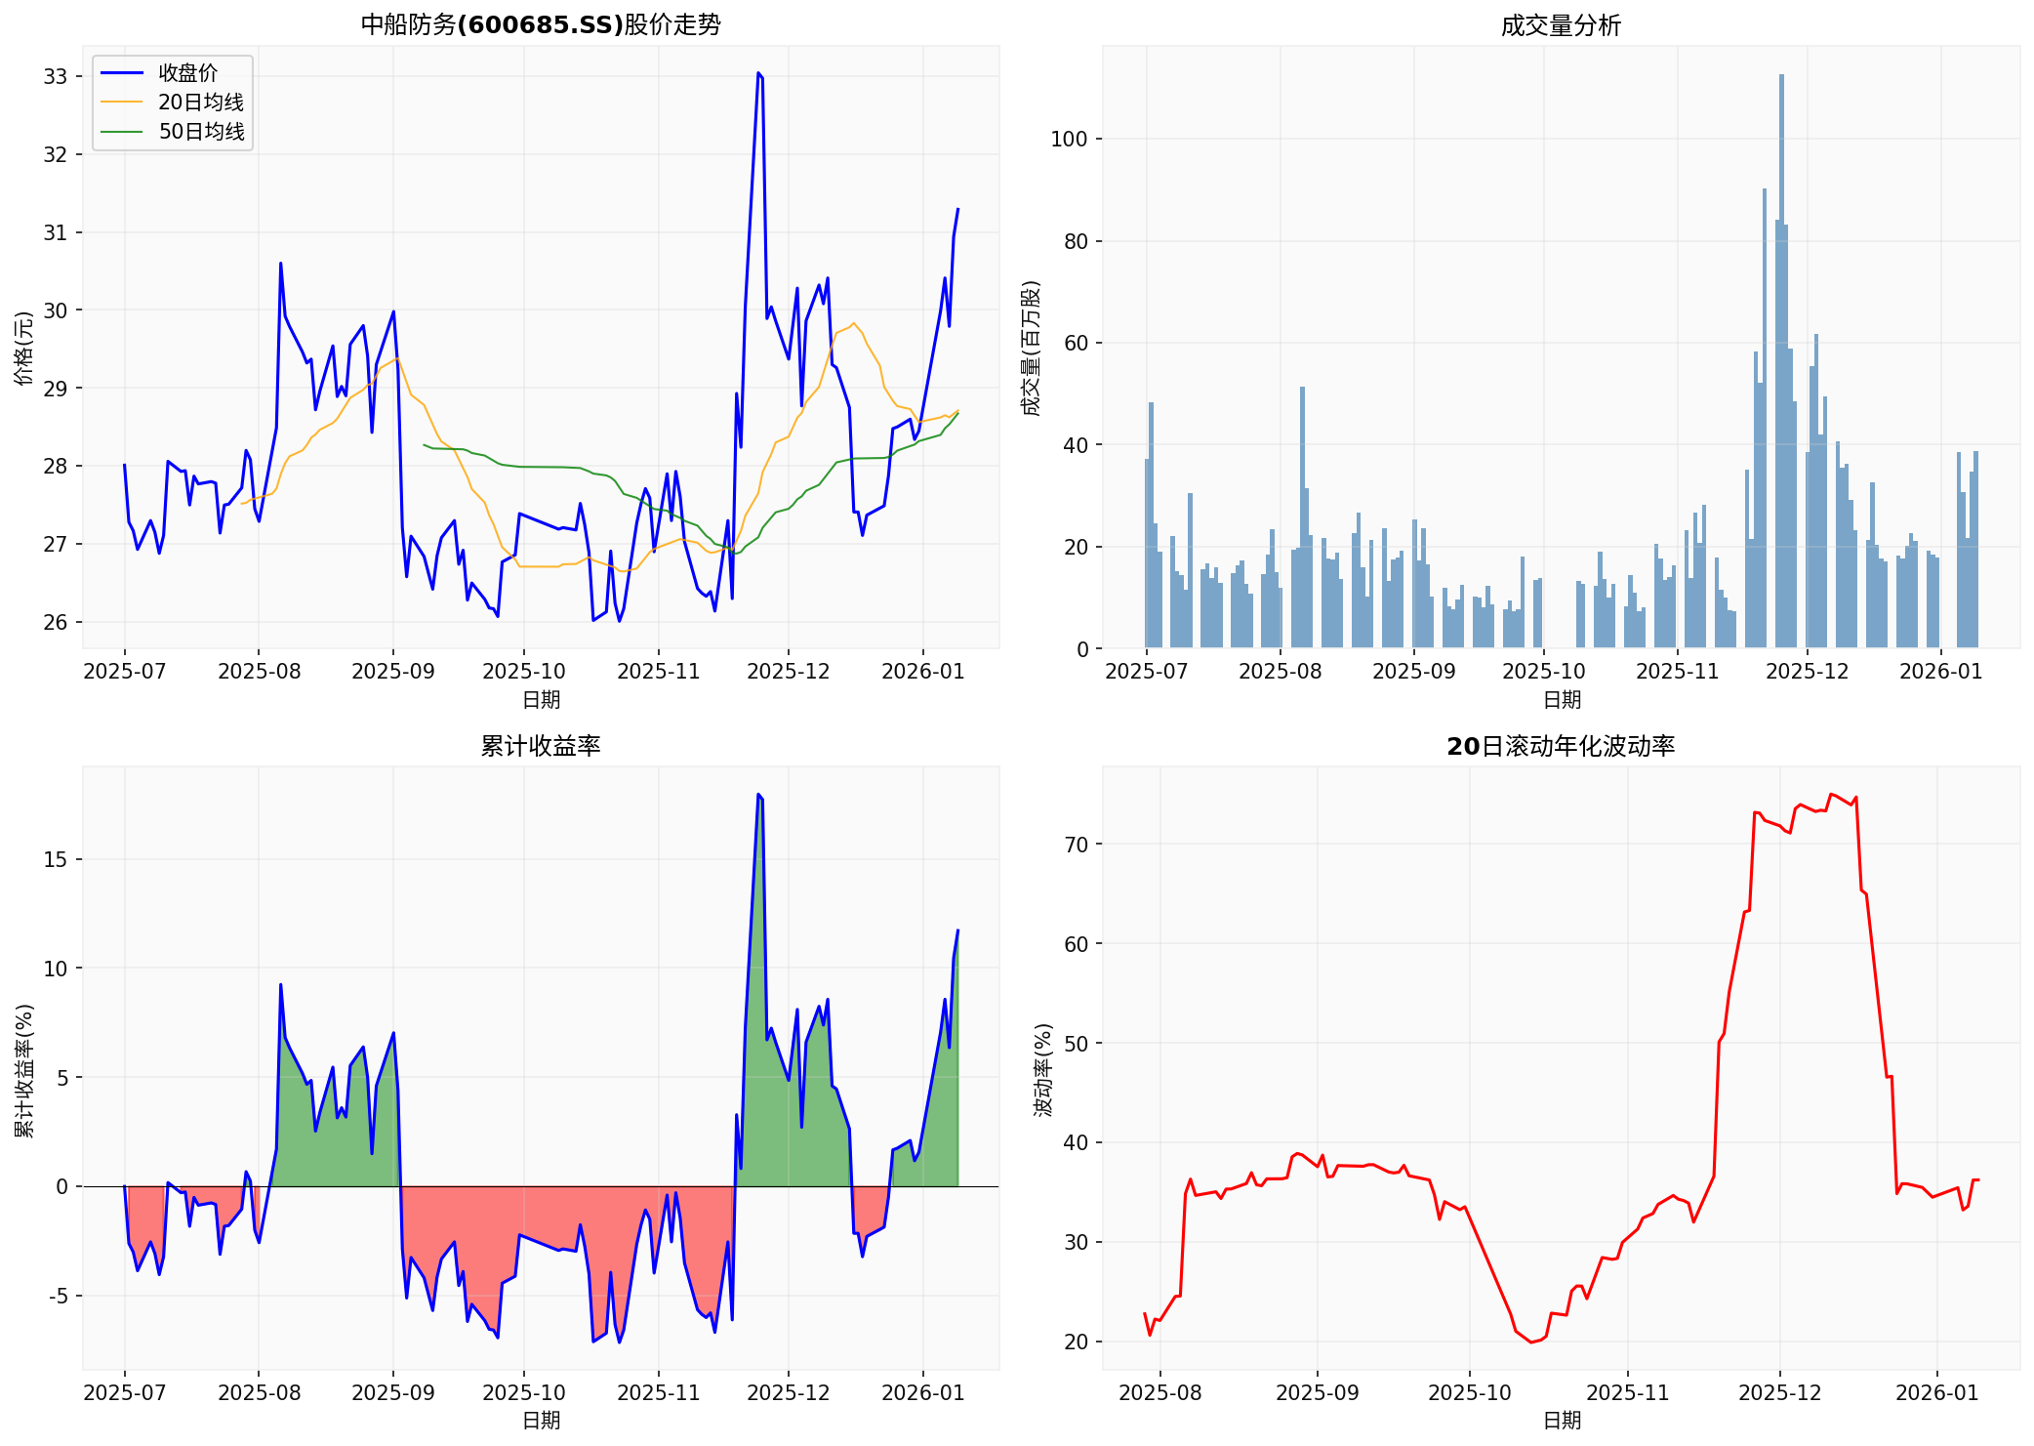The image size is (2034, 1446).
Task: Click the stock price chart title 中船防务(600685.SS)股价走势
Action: coord(541,24)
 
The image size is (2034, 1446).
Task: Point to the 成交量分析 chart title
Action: coord(1561,25)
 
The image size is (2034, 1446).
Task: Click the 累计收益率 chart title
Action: coord(541,746)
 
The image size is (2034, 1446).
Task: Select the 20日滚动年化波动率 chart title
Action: coord(1561,746)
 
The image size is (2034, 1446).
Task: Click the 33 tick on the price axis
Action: coord(56,76)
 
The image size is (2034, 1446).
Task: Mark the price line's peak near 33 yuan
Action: coord(758,73)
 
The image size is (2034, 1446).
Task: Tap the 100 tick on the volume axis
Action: coord(1068,139)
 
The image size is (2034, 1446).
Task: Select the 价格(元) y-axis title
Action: coord(24,349)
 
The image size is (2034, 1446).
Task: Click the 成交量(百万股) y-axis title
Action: coord(1032,349)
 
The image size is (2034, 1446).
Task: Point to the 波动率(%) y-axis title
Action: coord(1044,1070)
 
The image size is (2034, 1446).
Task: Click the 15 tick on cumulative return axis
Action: coord(56,859)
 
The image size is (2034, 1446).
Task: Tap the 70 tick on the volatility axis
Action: coord(1076,844)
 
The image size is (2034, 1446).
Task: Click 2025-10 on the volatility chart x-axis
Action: coord(1470,1392)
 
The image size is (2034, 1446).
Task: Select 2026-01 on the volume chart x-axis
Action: coord(1940,672)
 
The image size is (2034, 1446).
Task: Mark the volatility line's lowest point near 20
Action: coord(1531,1343)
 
